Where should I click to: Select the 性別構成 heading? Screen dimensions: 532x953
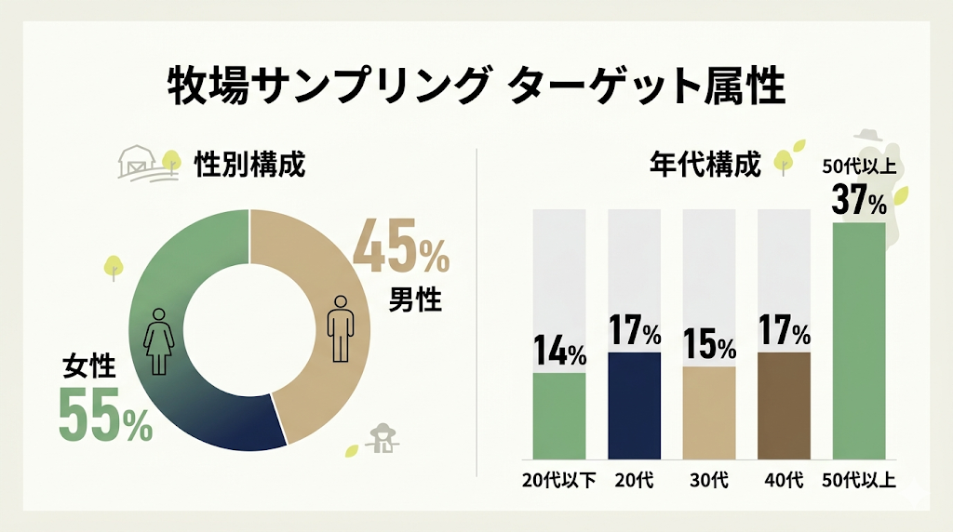pos(248,165)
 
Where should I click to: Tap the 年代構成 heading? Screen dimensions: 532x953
pos(705,165)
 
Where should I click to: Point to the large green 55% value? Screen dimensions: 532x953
pos(105,414)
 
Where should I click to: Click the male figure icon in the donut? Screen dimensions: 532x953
pos(342,328)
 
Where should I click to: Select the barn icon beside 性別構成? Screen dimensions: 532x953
pos(138,164)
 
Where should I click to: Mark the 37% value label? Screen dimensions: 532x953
pos(859,199)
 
